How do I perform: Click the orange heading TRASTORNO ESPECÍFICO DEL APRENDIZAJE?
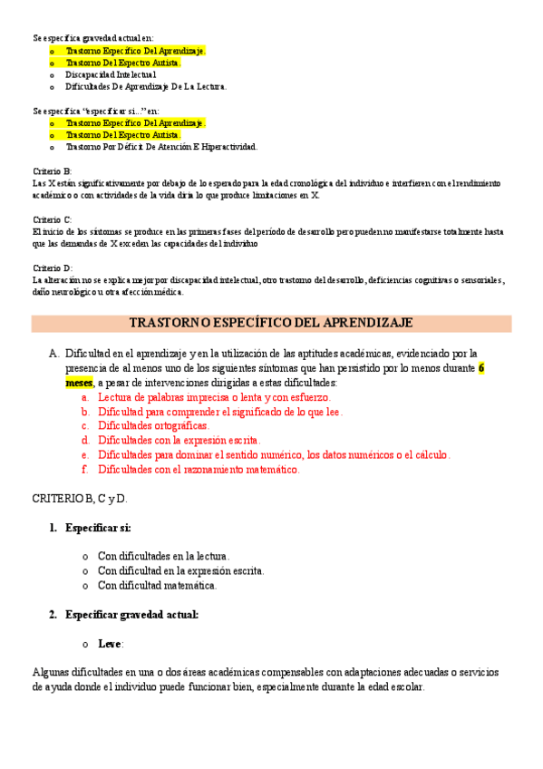(271, 323)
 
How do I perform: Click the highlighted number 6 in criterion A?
(481, 368)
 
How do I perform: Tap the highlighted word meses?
(79, 383)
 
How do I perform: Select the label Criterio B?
(52, 171)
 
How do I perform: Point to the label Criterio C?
(52, 220)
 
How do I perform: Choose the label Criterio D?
(52, 268)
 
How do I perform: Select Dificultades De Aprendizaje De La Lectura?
(146, 87)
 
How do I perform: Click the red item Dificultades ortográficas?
(153, 426)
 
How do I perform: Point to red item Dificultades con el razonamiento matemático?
(199, 470)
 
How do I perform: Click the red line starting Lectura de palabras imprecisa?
(214, 397)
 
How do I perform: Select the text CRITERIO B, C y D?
(80, 499)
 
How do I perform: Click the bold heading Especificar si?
(98, 528)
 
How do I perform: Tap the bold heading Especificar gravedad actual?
(131, 615)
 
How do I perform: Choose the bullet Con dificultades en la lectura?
(163, 557)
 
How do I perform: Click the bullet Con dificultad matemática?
(157, 586)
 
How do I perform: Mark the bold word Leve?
(110, 644)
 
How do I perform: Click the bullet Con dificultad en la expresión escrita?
(180, 571)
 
